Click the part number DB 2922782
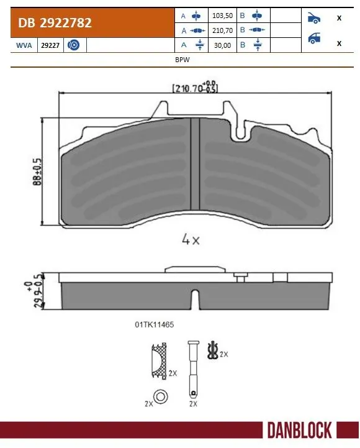(55, 23)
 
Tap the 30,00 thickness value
(222, 44)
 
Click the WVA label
(23, 45)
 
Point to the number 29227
(50, 45)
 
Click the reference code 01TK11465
(153, 324)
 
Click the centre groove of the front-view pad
(195, 164)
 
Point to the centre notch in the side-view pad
(195, 301)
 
